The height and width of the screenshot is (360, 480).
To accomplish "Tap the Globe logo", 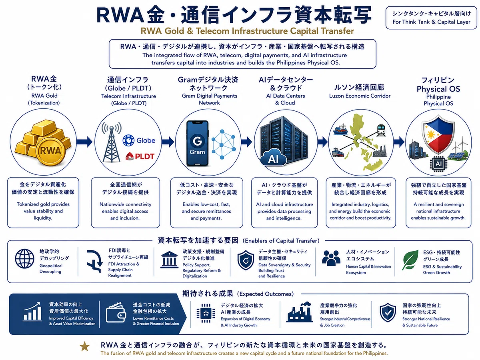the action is click(139, 140).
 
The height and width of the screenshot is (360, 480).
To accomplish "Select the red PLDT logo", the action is click(140, 156).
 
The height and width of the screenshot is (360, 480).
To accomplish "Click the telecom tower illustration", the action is click(112, 142).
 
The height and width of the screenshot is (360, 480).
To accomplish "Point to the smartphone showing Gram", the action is click(197, 143).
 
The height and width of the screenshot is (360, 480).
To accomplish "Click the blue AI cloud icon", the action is click(273, 158).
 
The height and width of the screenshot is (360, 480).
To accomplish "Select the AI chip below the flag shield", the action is click(438, 164).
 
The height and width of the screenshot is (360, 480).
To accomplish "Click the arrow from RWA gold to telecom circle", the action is click(85, 142).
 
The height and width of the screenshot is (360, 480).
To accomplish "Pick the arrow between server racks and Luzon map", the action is click(322, 142).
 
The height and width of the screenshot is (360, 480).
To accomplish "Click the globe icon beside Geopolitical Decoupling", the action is click(24, 258).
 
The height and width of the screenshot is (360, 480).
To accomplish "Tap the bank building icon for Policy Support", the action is click(169, 260).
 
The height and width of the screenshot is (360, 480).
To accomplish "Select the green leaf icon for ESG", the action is click(410, 260).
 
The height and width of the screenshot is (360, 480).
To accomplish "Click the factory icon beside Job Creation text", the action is click(299, 312).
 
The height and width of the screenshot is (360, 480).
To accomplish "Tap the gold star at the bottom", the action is click(84, 347).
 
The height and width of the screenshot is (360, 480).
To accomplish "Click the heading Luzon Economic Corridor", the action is click(360, 96).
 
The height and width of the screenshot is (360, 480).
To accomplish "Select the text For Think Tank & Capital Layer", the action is click(431, 22).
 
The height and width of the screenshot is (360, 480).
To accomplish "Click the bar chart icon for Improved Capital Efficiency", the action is click(32, 312).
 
